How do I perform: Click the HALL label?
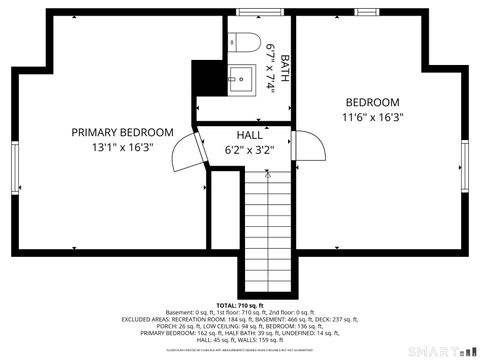tap(250, 135)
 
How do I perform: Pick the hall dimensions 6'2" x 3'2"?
tap(250, 151)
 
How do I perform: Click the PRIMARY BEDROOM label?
tap(122, 132)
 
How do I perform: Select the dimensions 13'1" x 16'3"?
tap(122, 147)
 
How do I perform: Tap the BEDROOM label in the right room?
tap(373, 102)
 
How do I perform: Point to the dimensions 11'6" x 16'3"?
tap(373, 117)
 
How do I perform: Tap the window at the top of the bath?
tap(266, 12)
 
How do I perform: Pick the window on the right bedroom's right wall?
tap(464, 165)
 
